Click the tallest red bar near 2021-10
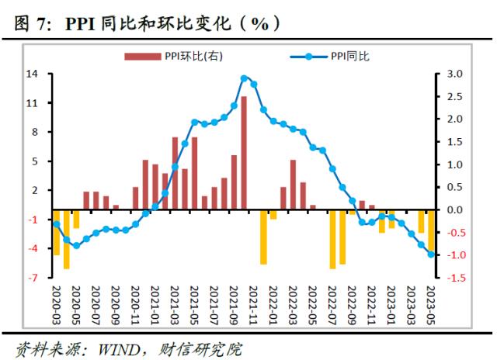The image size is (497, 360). pos(244,153)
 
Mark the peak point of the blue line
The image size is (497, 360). pos(244,78)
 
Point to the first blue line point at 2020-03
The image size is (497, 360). pos(56,224)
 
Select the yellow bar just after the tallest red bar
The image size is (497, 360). pos(263,237)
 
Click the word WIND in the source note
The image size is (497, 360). pos(117,347)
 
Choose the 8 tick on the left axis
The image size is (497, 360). pos(34,132)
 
